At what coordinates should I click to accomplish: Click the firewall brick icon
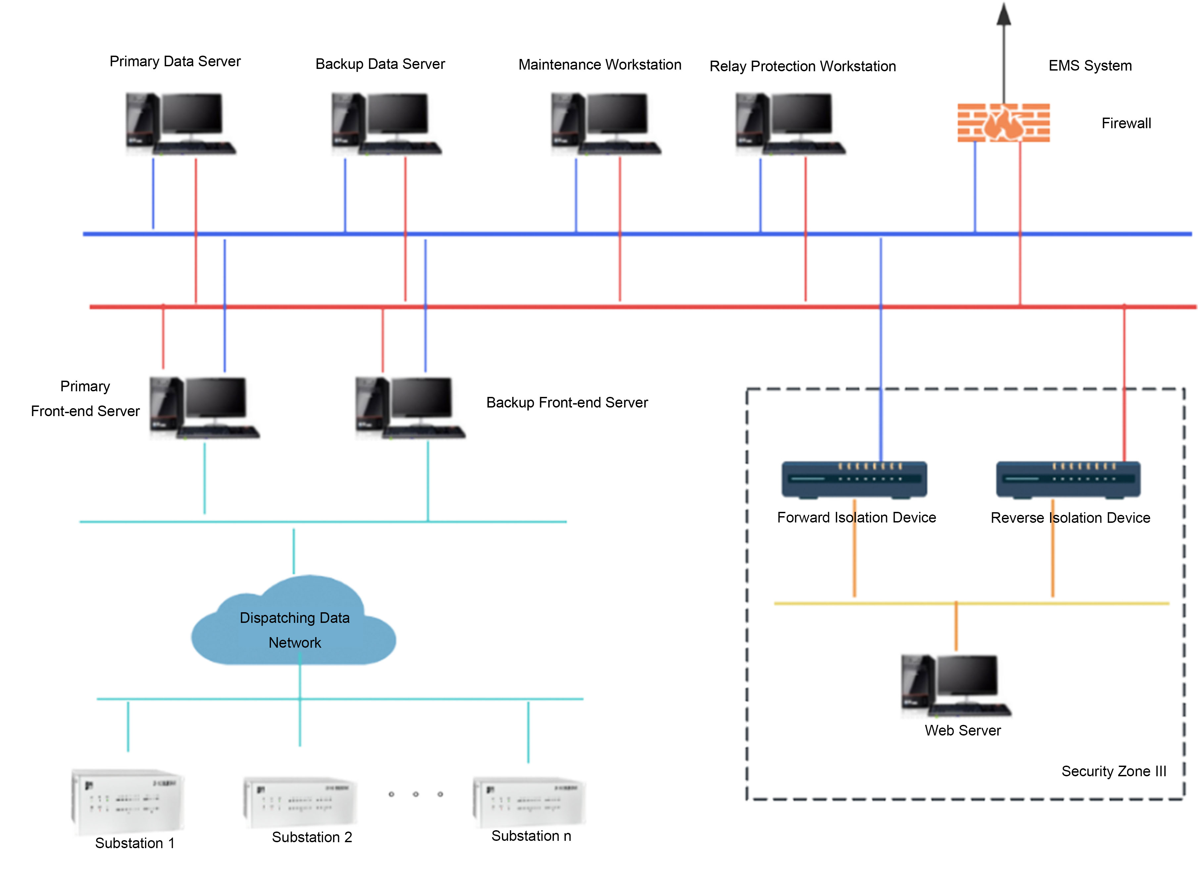pyautogui.click(x=1003, y=123)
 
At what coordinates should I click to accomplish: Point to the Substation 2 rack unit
pyautogui.click(x=300, y=802)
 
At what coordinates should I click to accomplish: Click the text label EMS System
pyautogui.click(x=1090, y=66)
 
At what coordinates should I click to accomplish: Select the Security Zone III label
pyautogui.click(x=1113, y=771)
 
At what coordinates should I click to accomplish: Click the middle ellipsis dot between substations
pyautogui.click(x=416, y=794)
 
